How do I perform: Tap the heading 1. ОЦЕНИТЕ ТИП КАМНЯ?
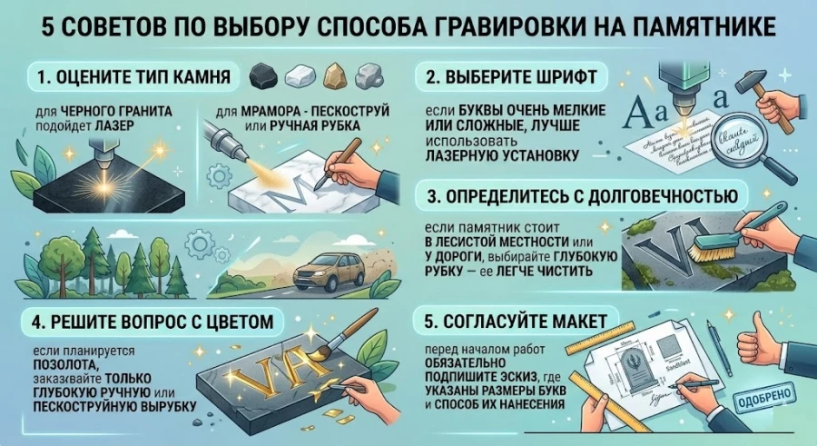point(135,74)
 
